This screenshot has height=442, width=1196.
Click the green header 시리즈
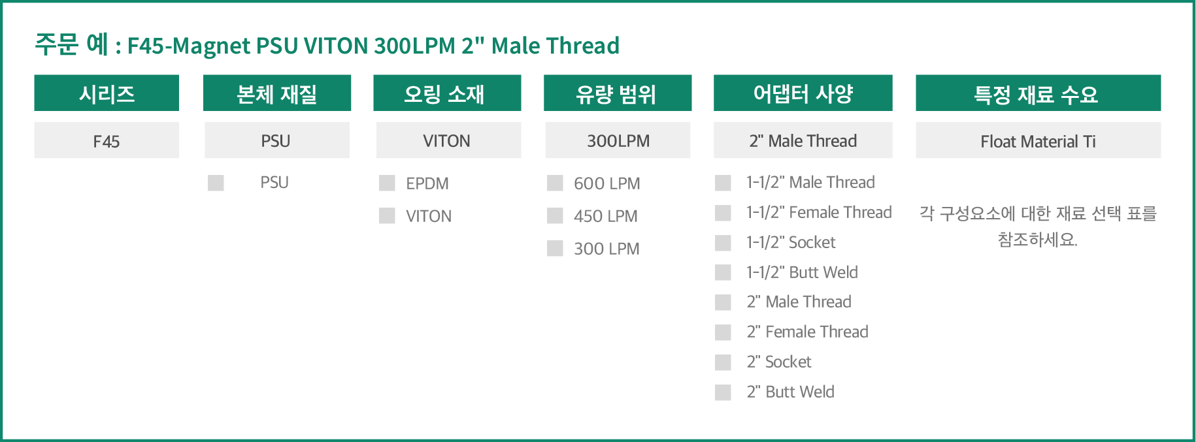107,93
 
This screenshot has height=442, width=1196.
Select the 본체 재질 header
277,93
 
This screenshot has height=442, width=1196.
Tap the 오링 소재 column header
447,93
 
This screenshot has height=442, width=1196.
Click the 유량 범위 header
618,93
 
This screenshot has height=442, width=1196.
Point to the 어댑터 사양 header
803,93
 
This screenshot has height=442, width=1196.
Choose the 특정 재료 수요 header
1038,93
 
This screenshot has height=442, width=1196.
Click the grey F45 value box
107,140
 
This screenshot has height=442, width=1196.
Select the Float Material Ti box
1038,140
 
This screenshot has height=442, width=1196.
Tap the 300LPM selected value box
618,140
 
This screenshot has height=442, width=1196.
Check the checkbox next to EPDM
387,183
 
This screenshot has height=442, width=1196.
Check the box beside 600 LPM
555,183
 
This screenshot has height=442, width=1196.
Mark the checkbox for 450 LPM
555,215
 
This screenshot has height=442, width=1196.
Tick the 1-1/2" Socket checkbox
723,243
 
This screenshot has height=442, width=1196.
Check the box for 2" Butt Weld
723,392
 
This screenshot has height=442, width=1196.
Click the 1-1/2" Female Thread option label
819,212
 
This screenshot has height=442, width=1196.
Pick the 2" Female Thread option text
808,332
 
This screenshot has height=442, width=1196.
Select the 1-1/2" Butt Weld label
802,272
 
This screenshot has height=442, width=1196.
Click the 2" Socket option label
779,362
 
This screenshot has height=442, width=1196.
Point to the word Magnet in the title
211,46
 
